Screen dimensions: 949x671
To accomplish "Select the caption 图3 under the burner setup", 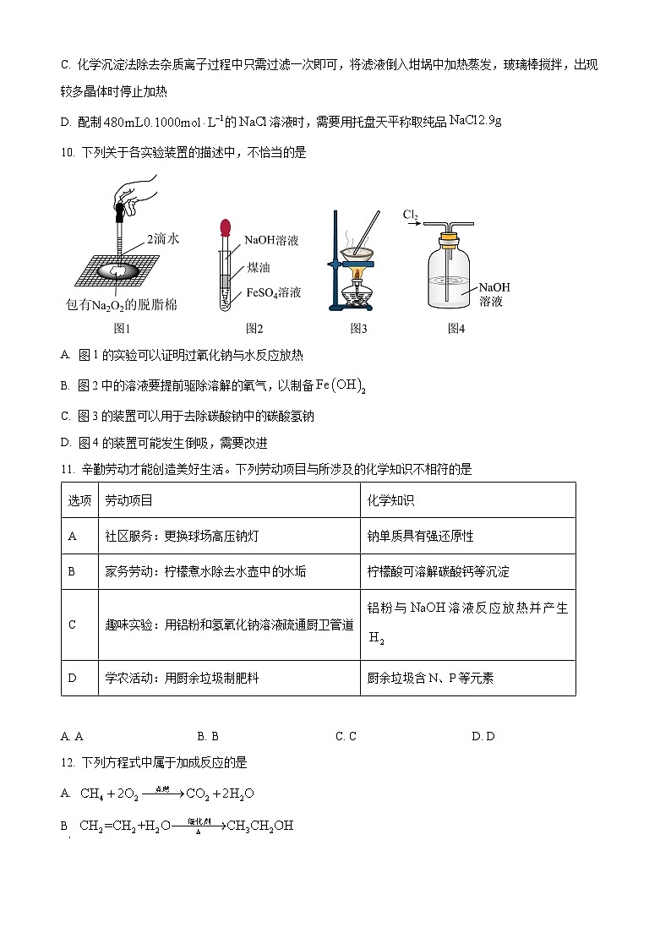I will click(x=358, y=328).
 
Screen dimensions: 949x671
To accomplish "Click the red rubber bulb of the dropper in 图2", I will click(x=226, y=226).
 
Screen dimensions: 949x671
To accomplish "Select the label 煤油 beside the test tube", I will click(x=258, y=267).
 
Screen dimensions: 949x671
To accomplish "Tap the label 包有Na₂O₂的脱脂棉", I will click(x=122, y=305).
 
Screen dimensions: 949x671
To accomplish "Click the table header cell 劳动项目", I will click(x=128, y=500).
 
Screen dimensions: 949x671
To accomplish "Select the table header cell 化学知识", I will click(x=390, y=500).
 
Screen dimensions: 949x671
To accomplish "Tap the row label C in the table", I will click(x=72, y=624).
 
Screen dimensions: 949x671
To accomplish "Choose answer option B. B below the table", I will click(x=208, y=736).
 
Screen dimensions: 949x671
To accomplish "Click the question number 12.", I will click(x=68, y=762).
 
